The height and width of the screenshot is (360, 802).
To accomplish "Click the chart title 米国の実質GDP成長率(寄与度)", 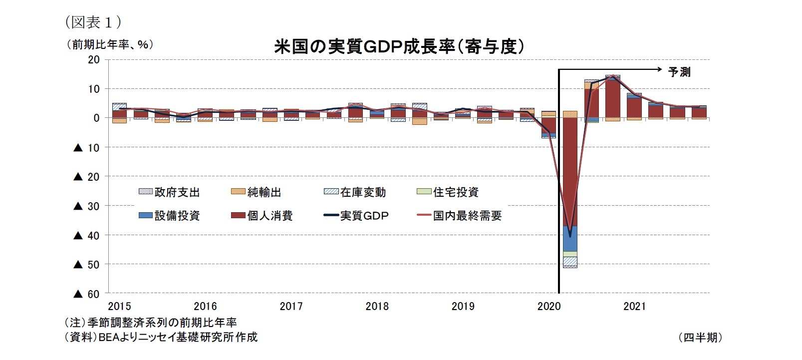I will click(x=399, y=47).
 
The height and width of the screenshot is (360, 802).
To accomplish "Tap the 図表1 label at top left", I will click(x=93, y=22).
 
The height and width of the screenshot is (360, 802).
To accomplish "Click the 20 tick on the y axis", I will click(x=94, y=59).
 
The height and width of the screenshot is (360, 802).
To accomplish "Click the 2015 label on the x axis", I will click(x=119, y=306).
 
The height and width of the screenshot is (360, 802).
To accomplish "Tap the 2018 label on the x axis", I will click(x=377, y=306).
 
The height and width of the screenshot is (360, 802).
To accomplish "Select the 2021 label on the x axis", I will click(x=634, y=306).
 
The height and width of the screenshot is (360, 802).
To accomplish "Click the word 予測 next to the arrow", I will click(x=679, y=72).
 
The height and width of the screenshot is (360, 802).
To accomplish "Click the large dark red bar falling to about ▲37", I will click(x=570, y=172).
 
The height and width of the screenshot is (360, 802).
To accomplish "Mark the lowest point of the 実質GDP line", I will click(x=570, y=236).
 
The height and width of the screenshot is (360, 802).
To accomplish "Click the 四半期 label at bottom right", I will click(x=700, y=338).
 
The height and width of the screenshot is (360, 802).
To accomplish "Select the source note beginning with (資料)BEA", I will click(x=161, y=337).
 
